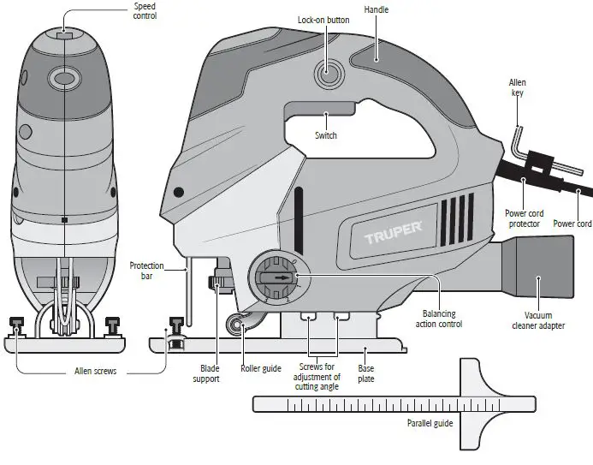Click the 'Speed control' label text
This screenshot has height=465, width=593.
point(145,10)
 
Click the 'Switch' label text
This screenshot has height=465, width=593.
point(325,135)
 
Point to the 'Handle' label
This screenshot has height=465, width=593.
point(376,10)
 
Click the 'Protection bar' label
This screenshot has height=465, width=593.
point(146,271)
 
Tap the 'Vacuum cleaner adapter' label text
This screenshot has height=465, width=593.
point(538,320)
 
